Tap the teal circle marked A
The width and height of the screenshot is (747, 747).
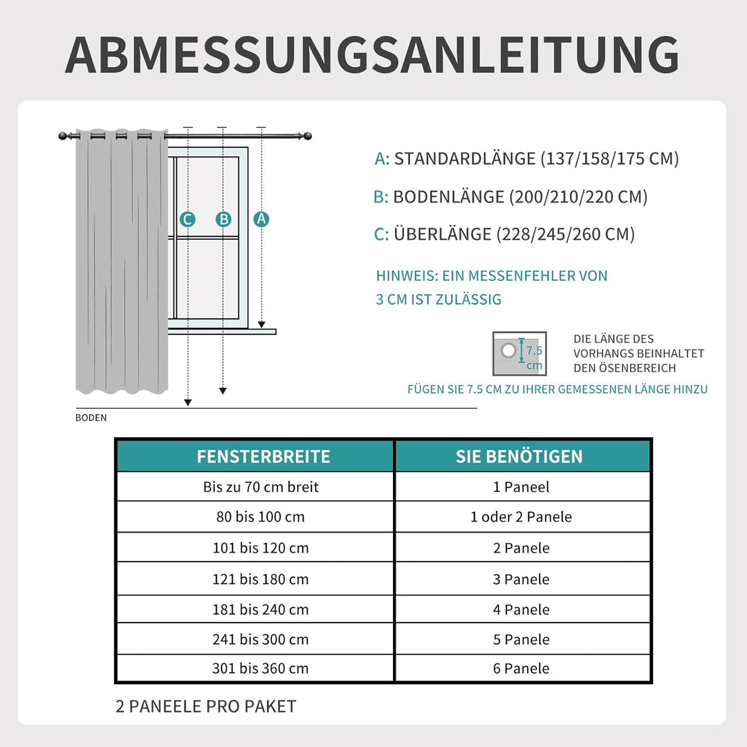[x=261, y=219]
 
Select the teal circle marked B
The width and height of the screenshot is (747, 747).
[x=223, y=219]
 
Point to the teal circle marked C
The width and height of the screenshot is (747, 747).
[x=187, y=220]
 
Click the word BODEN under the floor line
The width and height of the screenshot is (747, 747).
[x=91, y=418]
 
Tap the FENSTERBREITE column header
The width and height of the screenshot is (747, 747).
[x=263, y=456]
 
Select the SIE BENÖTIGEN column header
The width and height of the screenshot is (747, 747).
[x=519, y=456]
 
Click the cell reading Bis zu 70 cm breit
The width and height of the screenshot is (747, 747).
[x=261, y=487]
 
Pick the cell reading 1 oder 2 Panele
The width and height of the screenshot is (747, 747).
[x=521, y=517]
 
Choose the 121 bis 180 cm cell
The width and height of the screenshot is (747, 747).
[x=261, y=579]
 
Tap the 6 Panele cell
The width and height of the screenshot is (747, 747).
[x=521, y=668]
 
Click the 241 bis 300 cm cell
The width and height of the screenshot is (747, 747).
[x=261, y=639]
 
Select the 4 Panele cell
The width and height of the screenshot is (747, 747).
[x=521, y=609]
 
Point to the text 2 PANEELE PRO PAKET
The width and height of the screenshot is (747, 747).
[x=205, y=706]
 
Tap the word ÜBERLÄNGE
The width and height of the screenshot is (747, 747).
[x=443, y=234]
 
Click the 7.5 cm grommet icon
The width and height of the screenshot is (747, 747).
[x=515, y=353]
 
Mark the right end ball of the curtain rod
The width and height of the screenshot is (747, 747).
[x=307, y=136]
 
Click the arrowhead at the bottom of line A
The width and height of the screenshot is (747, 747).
[x=261, y=324]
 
